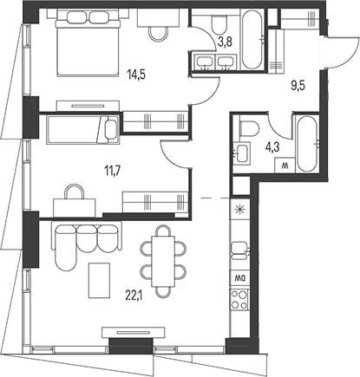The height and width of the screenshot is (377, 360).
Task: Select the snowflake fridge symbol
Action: tap(240, 210)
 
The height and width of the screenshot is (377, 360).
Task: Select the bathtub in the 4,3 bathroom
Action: tap(305, 143)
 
